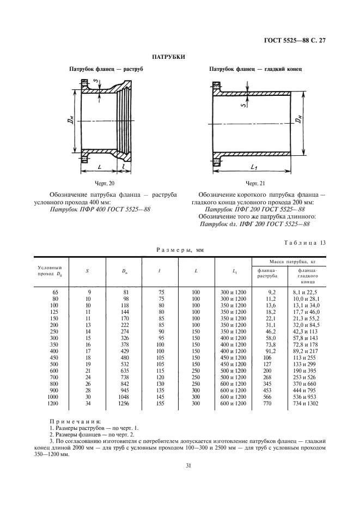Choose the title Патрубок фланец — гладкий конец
coord(255,70)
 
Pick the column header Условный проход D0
coord(50,270)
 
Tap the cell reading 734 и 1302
coord(304,404)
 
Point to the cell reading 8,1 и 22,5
coord(304,293)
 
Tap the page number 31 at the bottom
coord(181,465)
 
